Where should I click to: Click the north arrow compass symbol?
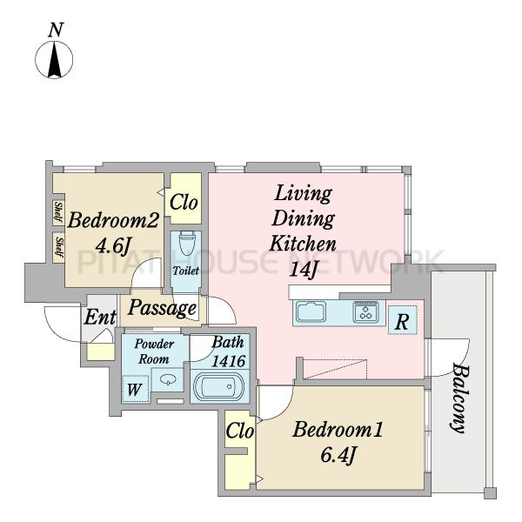coord(54,60)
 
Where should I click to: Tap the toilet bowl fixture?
coord(186,244)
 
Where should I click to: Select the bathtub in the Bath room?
coord(218,386)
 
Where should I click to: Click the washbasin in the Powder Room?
coord(168,379)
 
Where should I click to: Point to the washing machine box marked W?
coord(135,389)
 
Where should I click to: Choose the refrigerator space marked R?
coord(402,320)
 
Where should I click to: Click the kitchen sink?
coord(311,312)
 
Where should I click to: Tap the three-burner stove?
coord(365,311)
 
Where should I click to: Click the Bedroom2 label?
coord(113,220)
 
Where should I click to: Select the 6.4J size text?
coord(338,455)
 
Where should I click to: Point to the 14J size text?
coord(302,269)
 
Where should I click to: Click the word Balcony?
coord(460,398)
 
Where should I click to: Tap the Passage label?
coord(162,308)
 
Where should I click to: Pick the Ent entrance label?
coord(100,317)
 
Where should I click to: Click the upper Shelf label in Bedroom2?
coord(58,211)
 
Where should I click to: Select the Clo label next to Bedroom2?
coord(184,202)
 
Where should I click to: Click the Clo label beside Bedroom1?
coord(240,431)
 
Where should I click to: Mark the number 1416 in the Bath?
coord(229,361)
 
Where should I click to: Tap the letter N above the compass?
coord(56,30)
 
